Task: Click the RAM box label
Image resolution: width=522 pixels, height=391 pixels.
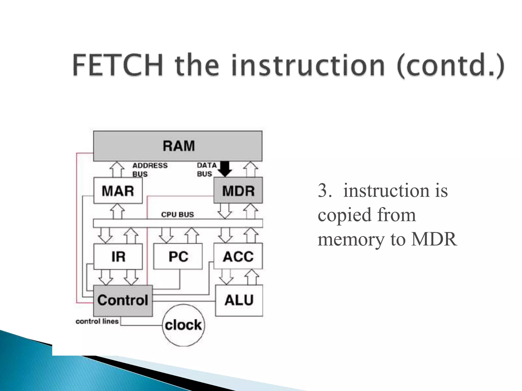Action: [x=178, y=146]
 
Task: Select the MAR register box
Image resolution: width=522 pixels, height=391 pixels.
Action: [x=118, y=191]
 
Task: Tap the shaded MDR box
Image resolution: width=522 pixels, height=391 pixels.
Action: [x=238, y=191]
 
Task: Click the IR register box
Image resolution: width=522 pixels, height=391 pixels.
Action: [x=118, y=256]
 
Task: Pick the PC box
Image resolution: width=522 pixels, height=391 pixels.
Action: [x=178, y=256]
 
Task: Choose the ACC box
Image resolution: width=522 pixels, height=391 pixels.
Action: [x=238, y=256]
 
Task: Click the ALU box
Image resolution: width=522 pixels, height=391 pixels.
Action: [x=239, y=300]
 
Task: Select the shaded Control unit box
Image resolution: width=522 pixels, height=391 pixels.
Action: [x=123, y=300]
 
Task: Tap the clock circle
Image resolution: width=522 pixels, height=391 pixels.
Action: [x=183, y=325]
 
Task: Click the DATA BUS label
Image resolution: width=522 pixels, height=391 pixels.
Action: [x=206, y=170]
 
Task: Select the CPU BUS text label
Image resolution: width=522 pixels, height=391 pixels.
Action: [x=177, y=215]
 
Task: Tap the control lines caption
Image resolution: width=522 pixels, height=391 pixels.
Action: [x=97, y=321]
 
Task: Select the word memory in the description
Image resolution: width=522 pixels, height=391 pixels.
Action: [x=350, y=239]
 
